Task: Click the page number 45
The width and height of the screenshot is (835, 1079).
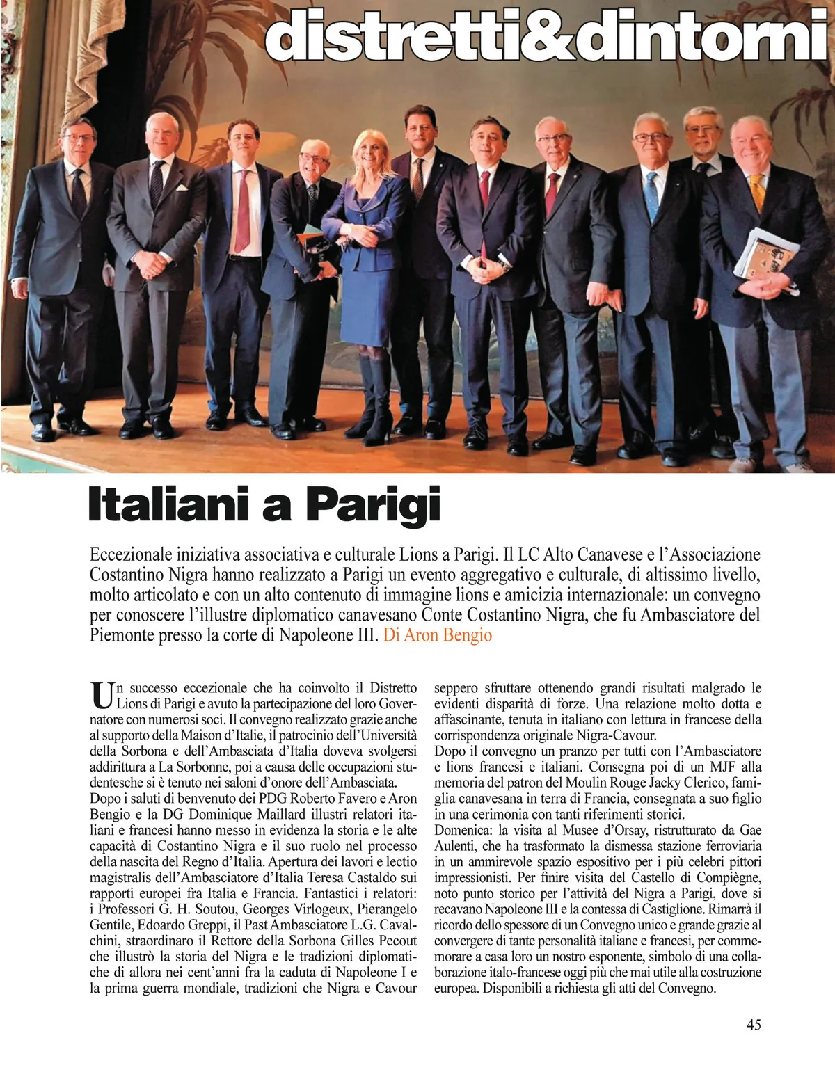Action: tap(753, 1024)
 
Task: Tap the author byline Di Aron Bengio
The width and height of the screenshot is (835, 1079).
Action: tap(438, 635)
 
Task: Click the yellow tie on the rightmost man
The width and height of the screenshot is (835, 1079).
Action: tap(757, 192)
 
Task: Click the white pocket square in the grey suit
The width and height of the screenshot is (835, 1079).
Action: tap(180, 186)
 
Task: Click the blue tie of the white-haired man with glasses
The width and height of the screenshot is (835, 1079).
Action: tap(651, 195)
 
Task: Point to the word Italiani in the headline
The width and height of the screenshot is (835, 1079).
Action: tap(174, 505)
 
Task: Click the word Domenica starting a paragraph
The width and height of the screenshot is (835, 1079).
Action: tap(461, 830)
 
